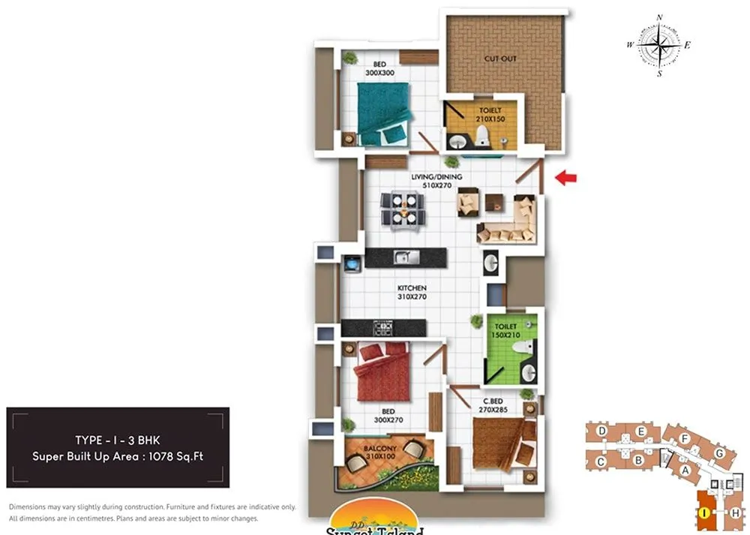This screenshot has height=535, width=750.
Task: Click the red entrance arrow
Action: coord(565,178)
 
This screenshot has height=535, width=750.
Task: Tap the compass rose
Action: coord(659,45)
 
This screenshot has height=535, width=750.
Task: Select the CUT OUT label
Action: coord(500,59)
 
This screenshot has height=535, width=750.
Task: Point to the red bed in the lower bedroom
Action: coord(384,371)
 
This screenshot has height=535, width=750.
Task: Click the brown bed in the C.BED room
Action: coord(501,443)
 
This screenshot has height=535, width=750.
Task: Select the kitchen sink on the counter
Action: coord(405,257)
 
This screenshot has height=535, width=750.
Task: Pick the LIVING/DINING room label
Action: coord(436,181)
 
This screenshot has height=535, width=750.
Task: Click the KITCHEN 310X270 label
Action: coord(412,292)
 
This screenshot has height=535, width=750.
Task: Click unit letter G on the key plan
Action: coord(719,452)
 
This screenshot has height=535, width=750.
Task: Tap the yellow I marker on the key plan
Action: coord(705,513)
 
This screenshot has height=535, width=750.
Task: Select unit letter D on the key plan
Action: coord(601,431)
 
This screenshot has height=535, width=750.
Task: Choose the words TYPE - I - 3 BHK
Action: coord(117,440)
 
